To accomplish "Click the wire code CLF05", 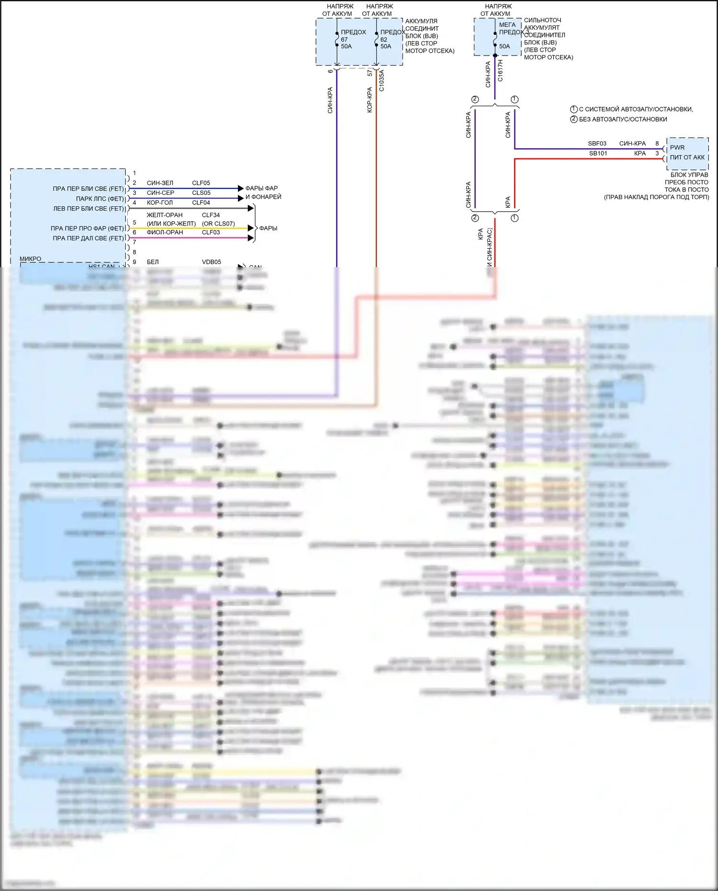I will (x=201, y=183).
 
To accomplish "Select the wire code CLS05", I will (x=201, y=193).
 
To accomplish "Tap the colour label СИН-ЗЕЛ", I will (x=160, y=183).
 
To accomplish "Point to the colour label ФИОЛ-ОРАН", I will (x=165, y=232).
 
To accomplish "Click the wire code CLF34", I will (x=211, y=215).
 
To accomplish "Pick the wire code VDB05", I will (x=211, y=262).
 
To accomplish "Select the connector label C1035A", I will (x=381, y=80).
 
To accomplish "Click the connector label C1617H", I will (x=500, y=70).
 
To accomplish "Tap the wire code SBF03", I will (x=597, y=144).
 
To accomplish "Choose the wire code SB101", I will (x=598, y=154).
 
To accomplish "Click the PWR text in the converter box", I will (x=677, y=147).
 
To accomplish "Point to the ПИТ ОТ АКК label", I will (x=687, y=158).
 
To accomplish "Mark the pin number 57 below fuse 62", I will (x=370, y=73).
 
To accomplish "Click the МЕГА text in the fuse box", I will (x=507, y=25).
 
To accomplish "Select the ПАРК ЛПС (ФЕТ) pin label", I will (x=100, y=199).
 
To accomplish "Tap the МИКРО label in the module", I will (x=30, y=259).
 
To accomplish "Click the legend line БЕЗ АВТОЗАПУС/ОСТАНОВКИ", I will (x=623, y=119).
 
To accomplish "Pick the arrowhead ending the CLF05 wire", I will (x=241, y=188).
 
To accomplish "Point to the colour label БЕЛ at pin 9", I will (x=153, y=262).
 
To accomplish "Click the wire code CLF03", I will (x=211, y=232).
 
